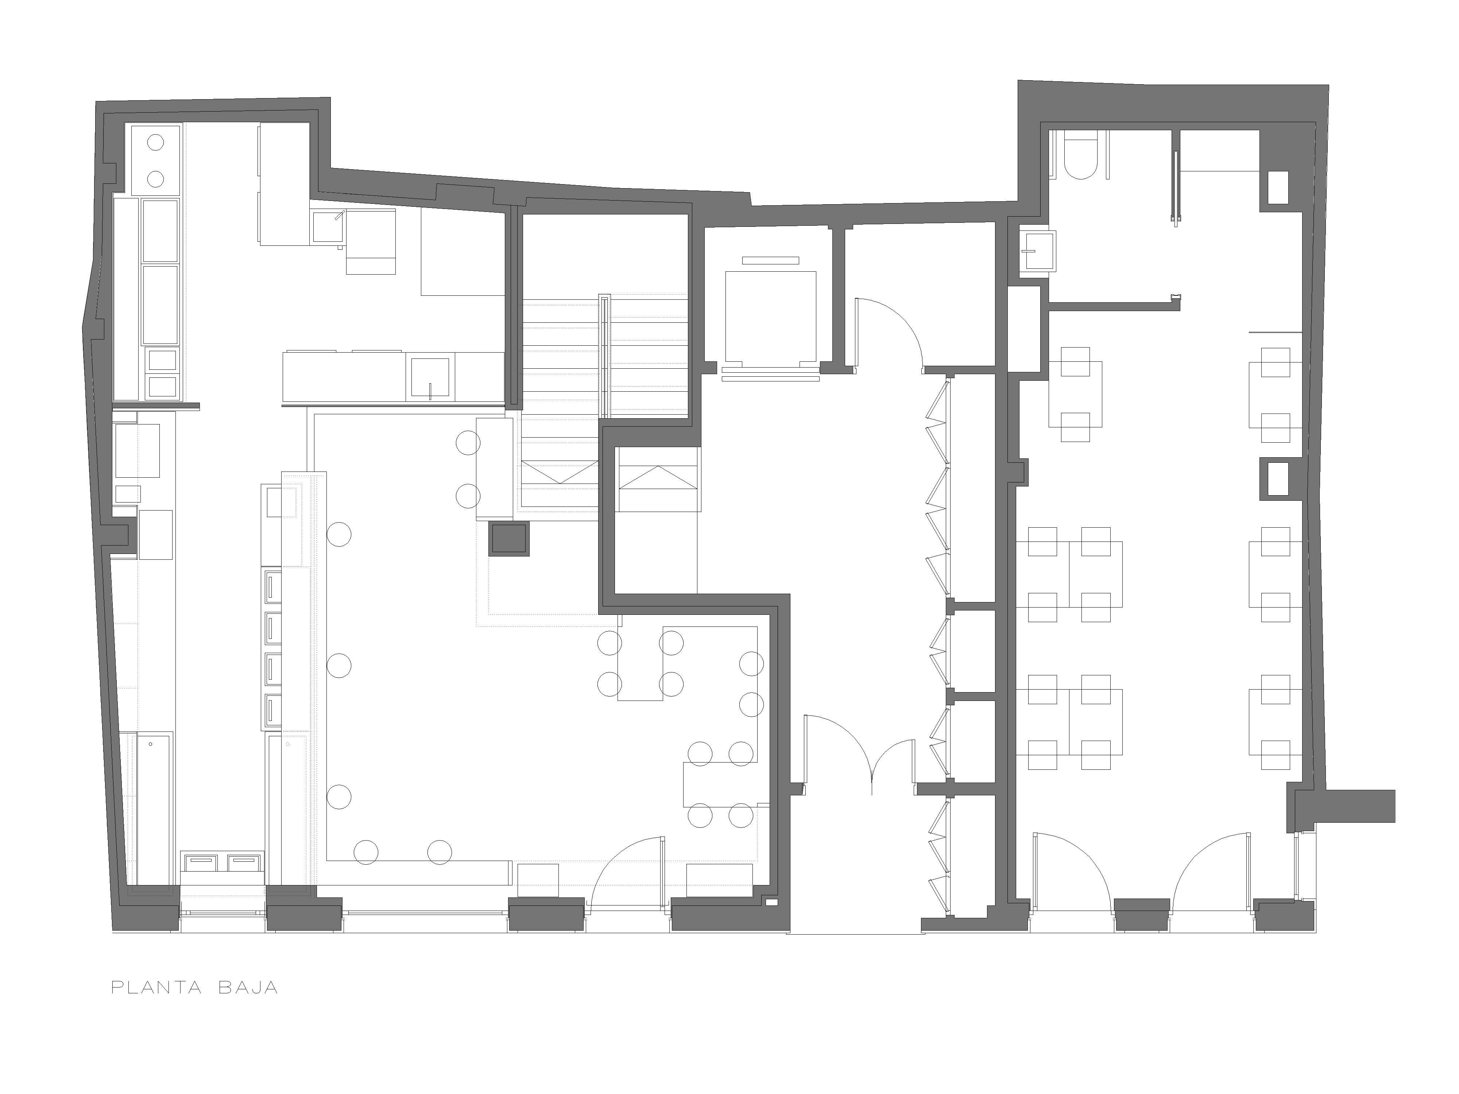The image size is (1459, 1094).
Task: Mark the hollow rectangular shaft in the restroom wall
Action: (1279, 187)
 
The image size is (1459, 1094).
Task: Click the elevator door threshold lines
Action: (770, 375)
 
